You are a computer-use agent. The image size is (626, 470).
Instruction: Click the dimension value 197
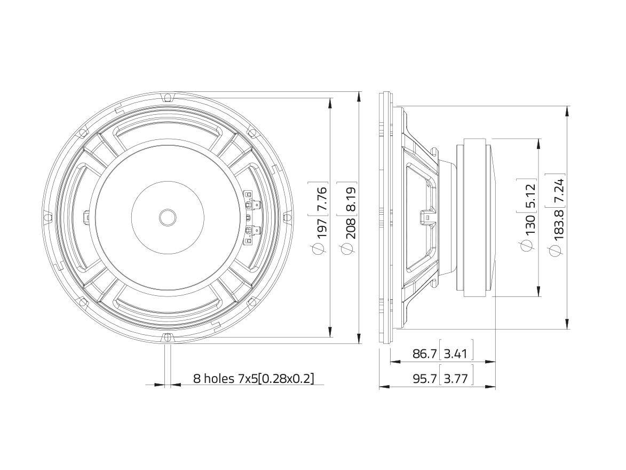tap(322, 229)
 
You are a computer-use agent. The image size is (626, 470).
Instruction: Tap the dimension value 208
tap(350, 229)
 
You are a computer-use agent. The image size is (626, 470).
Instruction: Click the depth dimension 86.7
tap(425, 354)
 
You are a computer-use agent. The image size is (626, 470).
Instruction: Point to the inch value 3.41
tap(456, 354)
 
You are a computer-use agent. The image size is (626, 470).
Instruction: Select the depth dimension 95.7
tap(425, 378)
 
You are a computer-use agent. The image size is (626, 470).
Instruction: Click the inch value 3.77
tap(456, 378)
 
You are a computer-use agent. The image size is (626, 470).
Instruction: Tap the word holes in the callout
tap(219, 378)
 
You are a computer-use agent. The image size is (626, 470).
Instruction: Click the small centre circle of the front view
tap(168, 217)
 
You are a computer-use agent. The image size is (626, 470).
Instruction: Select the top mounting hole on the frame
tap(168, 97)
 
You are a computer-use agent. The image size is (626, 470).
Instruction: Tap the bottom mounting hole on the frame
tap(168, 338)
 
